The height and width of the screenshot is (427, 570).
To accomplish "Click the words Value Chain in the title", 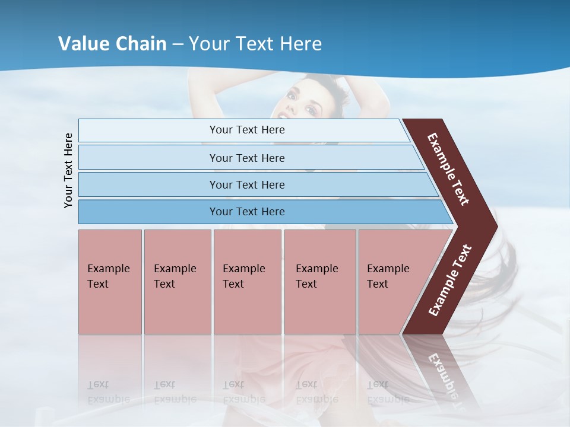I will pyautogui.click(x=112, y=43).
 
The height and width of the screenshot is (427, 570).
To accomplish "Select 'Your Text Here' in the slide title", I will pyautogui.click(x=255, y=43).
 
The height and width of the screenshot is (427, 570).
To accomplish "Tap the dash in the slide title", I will pyautogui.click(x=178, y=44).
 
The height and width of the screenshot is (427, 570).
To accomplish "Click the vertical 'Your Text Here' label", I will pyautogui.click(x=68, y=170).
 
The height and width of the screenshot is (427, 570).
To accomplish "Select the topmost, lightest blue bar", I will pyautogui.click(x=246, y=130).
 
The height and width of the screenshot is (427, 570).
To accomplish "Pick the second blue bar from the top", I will pyautogui.click(x=246, y=158).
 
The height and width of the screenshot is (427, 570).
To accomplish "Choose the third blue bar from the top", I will pyautogui.click(x=246, y=184).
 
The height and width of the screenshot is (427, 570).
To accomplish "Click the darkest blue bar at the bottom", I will pyautogui.click(x=246, y=212).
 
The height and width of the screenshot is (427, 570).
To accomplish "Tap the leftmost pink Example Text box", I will pyautogui.click(x=110, y=282).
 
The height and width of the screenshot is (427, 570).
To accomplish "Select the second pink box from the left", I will pyautogui.click(x=177, y=282).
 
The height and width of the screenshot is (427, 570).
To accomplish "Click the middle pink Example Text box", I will pyautogui.click(x=247, y=282).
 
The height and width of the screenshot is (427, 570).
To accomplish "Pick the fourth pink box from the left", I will pyautogui.click(x=320, y=282).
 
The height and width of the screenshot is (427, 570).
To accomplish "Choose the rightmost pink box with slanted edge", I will pyautogui.click(x=392, y=282).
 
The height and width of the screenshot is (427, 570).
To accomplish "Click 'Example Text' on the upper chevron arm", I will pyautogui.click(x=448, y=169).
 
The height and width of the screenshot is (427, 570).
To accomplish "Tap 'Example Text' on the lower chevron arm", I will pyautogui.click(x=450, y=280).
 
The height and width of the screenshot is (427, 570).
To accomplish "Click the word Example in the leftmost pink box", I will pyautogui.click(x=108, y=269).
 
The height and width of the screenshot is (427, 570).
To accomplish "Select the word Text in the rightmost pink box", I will pyautogui.click(x=378, y=284).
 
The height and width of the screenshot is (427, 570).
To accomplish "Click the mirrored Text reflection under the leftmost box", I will pyautogui.click(x=98, y=384).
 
